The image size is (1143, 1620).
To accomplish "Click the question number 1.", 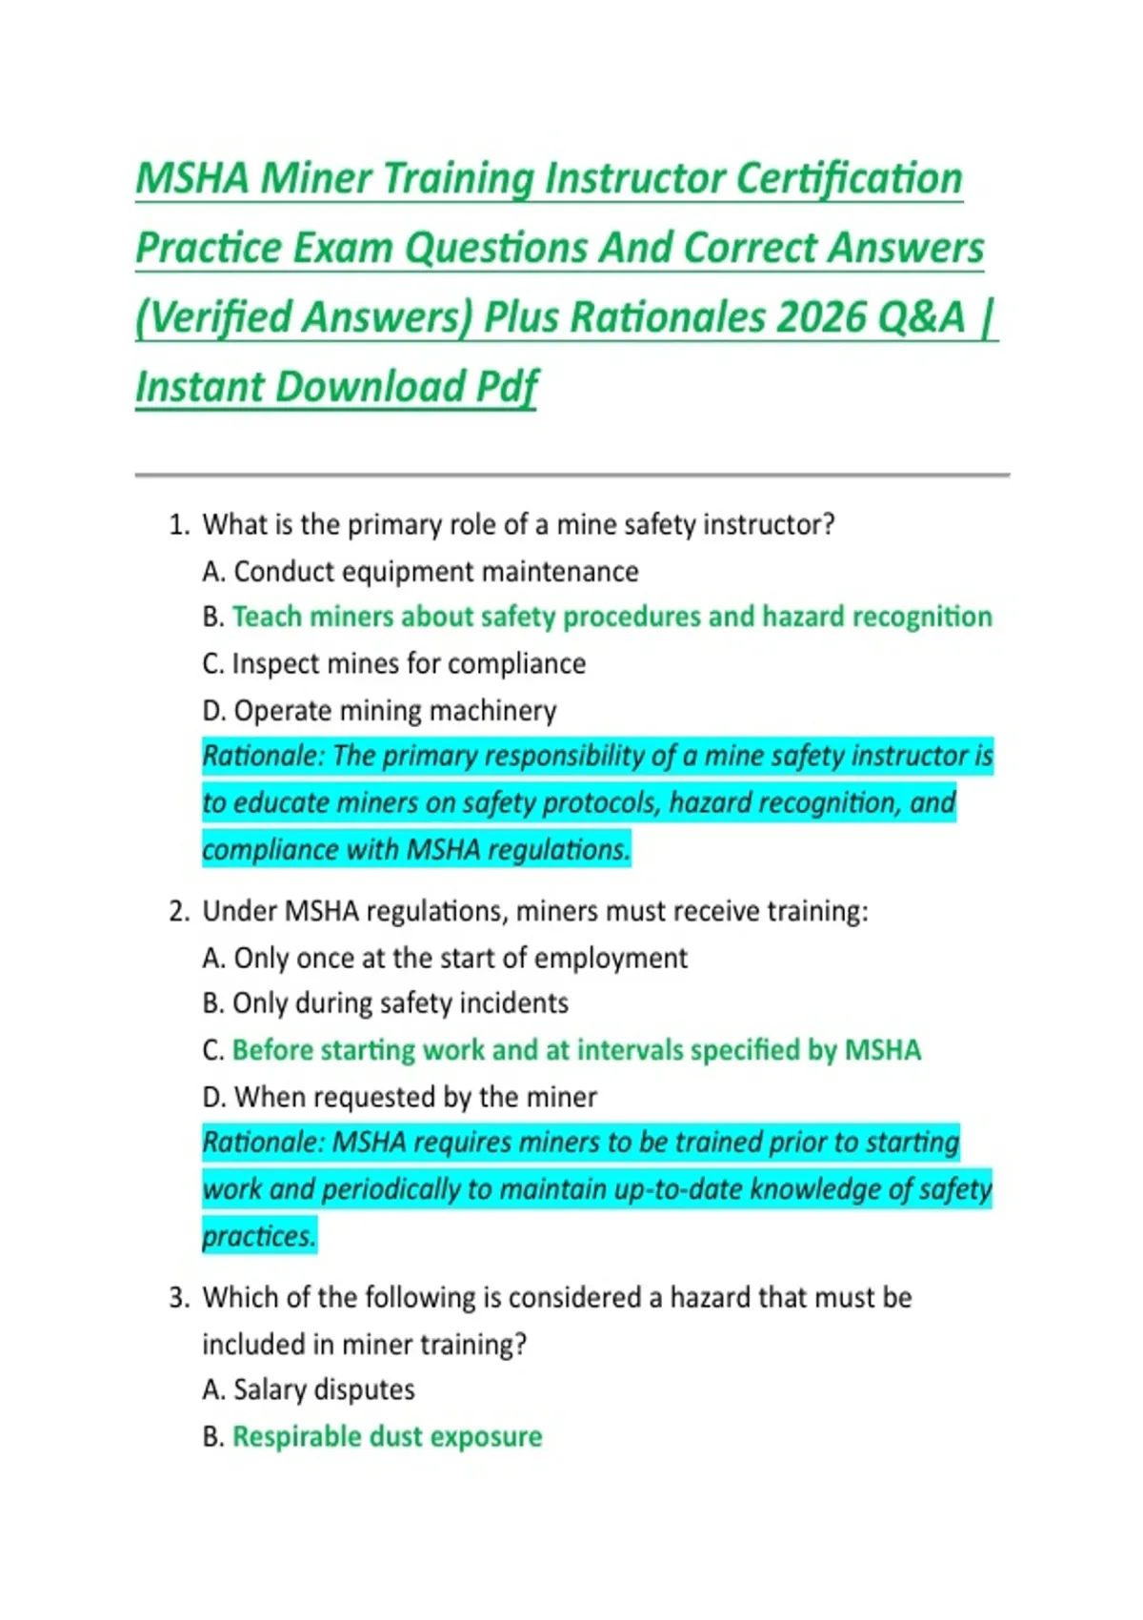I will click(x=178, y=525).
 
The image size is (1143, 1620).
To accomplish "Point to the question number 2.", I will click(x=178, y=911).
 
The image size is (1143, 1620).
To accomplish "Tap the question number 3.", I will click(x=178, y=1298).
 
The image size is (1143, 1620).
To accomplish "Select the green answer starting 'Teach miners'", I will click(x=612, y=618).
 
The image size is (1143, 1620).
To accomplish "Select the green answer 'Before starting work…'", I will click(x=576, y=1050).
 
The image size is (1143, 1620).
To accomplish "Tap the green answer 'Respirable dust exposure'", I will click(x=387, y=1437).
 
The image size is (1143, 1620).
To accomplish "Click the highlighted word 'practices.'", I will click(x=258, y=1236).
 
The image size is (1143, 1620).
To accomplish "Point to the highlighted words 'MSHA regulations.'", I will click(x=518, y=849).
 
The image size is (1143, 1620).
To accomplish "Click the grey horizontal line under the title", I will click(x=571, y=474).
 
